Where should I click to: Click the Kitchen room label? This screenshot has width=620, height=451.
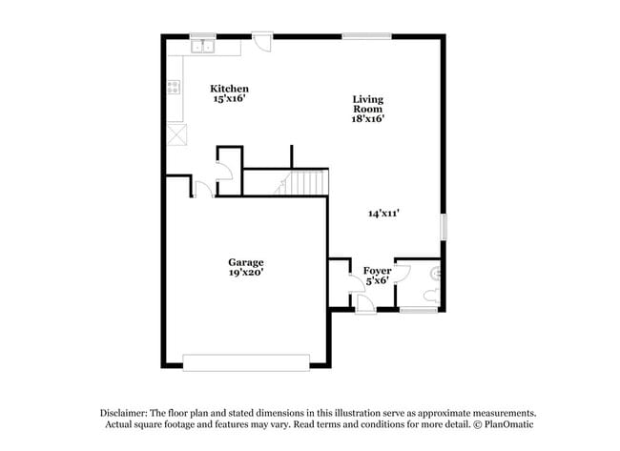(230, 89)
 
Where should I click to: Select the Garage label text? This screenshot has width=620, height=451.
(245, 262)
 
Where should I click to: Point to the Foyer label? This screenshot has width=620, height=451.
(378, 271)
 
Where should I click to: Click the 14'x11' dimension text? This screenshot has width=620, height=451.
(383, 214)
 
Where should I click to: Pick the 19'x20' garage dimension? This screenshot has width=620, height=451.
(245, 273)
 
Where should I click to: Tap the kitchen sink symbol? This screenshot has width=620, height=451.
(202, 47)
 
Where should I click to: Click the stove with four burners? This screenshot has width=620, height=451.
(175, 89)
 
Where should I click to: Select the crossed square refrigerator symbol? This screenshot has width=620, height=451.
(177, 134)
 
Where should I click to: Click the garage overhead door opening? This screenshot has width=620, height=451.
(246, 362)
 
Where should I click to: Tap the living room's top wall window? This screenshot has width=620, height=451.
(366, 36)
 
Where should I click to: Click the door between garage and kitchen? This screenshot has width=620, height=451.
(203, 190)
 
